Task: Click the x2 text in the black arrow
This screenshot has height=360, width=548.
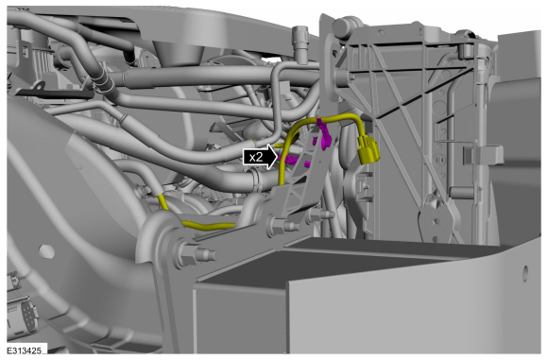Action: click(256, 157)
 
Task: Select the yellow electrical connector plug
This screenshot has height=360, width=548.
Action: click(368, 150)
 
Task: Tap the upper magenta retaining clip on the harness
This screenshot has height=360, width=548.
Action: click(324, 133)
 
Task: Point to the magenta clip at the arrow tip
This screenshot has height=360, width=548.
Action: click(291, 160)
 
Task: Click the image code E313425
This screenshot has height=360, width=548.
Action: click(25, 351)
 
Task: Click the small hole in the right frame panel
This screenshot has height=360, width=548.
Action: click(526, 273)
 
